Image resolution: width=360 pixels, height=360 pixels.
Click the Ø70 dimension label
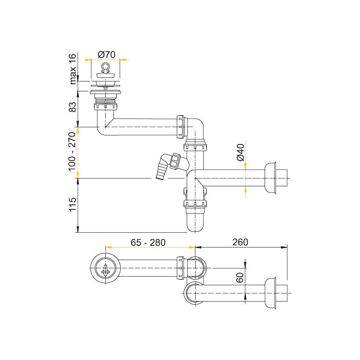pos(106,54)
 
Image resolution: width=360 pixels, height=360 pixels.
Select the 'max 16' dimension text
pos(72,69)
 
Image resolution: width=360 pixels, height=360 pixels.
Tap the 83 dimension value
pos(72,107)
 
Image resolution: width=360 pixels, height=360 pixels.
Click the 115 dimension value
pos(72,204)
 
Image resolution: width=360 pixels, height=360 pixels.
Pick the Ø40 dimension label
pos(240,153)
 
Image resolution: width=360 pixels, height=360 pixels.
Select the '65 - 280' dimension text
pos(148,243)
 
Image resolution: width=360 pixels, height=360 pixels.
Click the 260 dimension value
pos(240,242)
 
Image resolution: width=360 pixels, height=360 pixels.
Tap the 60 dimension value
pos(240,278)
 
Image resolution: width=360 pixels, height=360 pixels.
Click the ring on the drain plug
pos(105,66)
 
